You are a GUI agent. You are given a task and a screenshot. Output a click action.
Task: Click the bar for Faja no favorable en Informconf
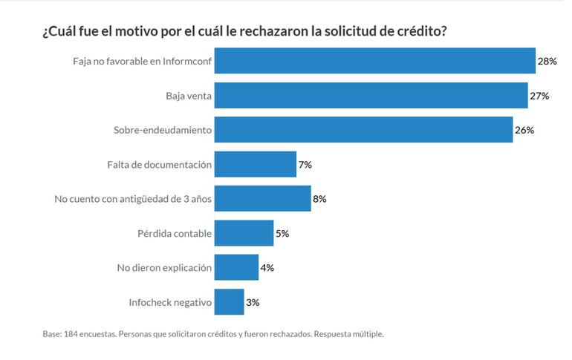pyautogui.click(x=375, y=62)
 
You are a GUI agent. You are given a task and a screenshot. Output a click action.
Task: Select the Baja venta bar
pyautogui.click(x=371, y=96)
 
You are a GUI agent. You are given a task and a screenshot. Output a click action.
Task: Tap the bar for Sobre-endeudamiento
pyautogui.click(x=363, y=130)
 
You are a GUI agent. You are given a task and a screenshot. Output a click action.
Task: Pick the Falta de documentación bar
pyautogui.click(x=256, y=164)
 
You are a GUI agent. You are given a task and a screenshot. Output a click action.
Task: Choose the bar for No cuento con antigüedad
pyautogui.click(x=262, y=199)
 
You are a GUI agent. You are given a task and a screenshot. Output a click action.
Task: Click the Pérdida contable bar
pyautogui.click(x=244, y=233)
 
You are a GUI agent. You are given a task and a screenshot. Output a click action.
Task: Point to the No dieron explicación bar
pyautogui.click(x=236, y=267)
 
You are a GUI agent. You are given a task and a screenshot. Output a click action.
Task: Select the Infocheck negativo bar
pyautogui.click(x=229, y=302)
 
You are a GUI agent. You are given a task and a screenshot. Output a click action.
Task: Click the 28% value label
pyautogui.click(x=547, y=62)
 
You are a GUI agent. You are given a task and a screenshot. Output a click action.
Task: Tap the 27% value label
pyautogui.click(x=539, y=96)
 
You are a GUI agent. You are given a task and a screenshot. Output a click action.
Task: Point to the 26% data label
pyautogui.click(x=524, y=130)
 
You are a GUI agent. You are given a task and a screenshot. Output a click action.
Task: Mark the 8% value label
pyautogui.click(x=319, y=199)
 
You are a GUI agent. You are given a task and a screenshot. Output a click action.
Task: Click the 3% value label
pyautogui.click(x=253, y=302)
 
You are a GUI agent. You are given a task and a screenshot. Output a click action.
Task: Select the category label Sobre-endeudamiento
pyautogui.click(x=163, y=130)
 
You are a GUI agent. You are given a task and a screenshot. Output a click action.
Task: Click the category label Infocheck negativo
pyautogui.click(x=170, y=302)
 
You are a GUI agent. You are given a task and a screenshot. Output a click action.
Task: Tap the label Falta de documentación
pyautogui.click(x=160, y=164)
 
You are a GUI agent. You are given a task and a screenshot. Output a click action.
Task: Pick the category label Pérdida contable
pyautogui.click(x=175, y=233)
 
